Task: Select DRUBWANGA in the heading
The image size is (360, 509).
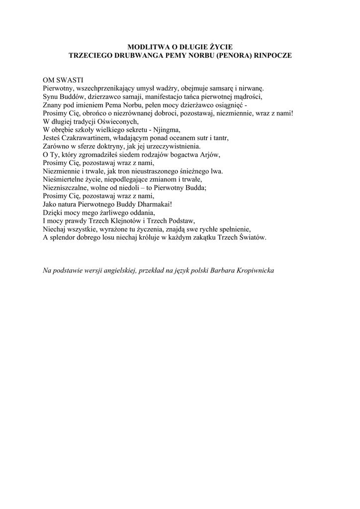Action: [131, 56]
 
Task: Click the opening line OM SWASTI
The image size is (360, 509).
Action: [63, 80]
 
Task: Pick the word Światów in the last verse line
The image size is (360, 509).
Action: [254, 238]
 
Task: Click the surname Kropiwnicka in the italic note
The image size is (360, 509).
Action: [253, 271]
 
